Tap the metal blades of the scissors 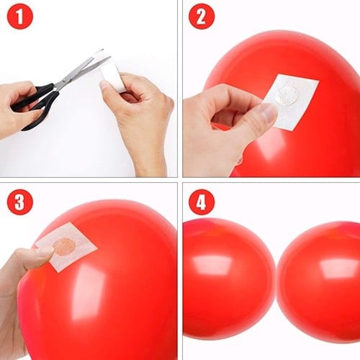pyautogui.click(x=81, y=72)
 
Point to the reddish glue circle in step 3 pyautogui.click(x=65, y=246)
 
